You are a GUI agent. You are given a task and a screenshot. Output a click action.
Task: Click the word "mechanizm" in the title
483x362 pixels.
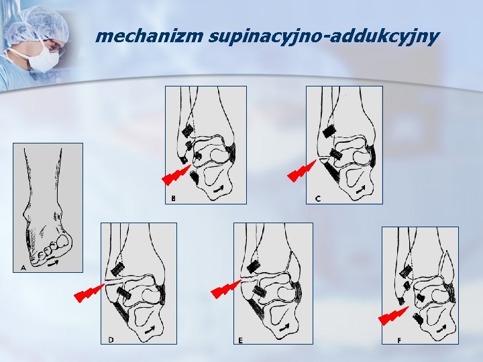coord(149,36)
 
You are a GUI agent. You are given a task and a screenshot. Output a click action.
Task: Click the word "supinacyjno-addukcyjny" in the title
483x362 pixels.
coord(323,38)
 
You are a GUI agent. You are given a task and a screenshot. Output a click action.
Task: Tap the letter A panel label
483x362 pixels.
coord(23,267)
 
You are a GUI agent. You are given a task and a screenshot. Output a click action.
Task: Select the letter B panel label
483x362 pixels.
coord(174,198)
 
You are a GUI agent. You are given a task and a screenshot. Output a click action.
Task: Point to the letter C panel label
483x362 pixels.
coord(318,199)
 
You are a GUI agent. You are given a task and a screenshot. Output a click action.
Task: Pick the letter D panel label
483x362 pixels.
coord(111,339)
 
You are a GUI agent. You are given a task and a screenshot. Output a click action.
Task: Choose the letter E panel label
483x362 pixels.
coord(240,340)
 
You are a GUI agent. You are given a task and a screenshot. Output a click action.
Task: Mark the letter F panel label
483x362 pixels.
coord(399,341)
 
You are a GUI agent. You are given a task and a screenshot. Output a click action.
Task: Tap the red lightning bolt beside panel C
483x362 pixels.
coord(302,171)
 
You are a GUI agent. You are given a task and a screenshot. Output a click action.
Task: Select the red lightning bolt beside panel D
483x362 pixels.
coord(89,293)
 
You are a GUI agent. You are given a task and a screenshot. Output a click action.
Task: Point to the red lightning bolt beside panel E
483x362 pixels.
coord(226,289)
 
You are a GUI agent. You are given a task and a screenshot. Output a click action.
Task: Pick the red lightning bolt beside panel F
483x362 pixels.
coord(394,316)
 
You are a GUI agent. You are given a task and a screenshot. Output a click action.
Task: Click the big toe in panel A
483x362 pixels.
coord(64,241)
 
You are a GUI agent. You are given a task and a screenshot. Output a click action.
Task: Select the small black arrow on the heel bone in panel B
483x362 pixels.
coord(219,189)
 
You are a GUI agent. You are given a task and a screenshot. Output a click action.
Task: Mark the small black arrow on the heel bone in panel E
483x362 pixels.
coord(284,327)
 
